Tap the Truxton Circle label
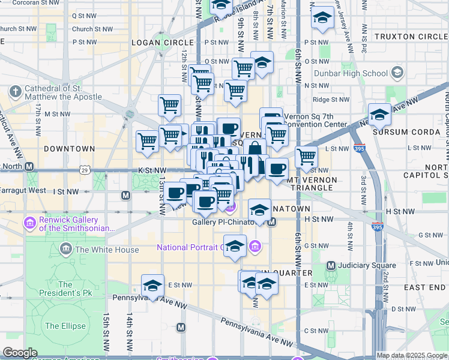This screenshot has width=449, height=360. pos(411,37)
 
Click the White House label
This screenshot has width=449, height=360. pos(107,250)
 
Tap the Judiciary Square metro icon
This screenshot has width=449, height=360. pos(330,265)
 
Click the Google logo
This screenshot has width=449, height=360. pos(20,353)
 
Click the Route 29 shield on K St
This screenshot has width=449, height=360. pos(85,170)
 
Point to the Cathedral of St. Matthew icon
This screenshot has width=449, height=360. pos(16,92)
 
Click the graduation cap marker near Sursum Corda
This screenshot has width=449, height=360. pos(379,114)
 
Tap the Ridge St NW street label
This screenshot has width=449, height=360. pos(331,100)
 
